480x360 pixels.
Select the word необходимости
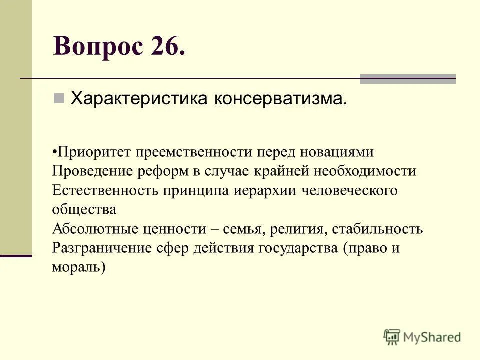point(365,171)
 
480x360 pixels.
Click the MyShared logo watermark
point(422,337)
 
